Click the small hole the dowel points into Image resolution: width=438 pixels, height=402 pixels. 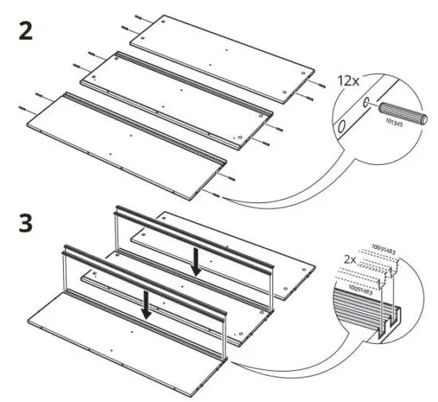pyautogui.click(x=366, y=103)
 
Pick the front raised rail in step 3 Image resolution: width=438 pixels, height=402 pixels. pyautogui.click(x=143, y=275)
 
